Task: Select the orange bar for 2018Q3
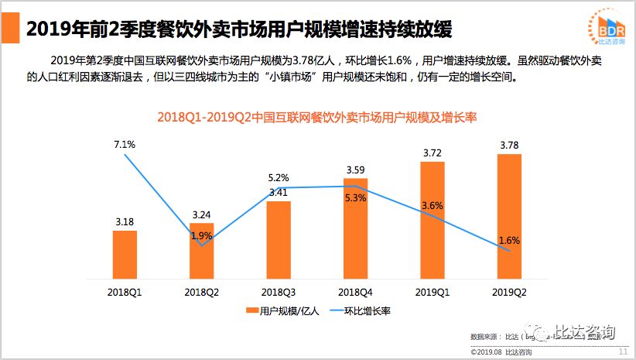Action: point(279,240)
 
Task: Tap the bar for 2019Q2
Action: point(509,216)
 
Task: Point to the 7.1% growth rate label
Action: point(125,144)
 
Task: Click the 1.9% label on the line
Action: point(201,235)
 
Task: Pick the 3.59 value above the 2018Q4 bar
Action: point(356,169)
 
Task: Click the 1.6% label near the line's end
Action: point(510,240)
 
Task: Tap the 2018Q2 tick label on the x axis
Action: point(201,292)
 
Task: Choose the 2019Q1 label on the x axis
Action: point(433,292)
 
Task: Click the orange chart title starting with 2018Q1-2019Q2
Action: point(316,118)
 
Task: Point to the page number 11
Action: point(623,351)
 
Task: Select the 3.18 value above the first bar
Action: point(125,221)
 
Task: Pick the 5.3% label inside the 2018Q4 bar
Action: point(356,198)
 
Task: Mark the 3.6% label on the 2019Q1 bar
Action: point(433,205)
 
